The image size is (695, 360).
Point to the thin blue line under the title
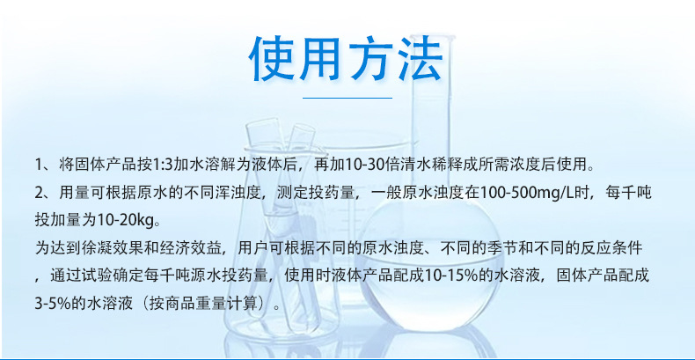(347, 98)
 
